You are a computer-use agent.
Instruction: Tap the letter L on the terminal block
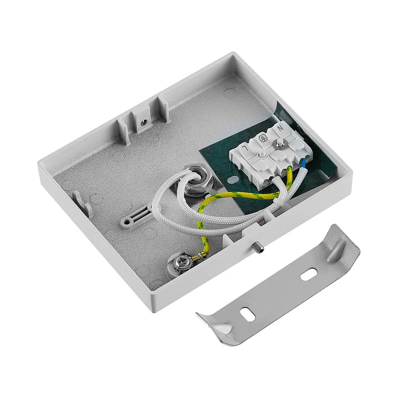tap(245, 148)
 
